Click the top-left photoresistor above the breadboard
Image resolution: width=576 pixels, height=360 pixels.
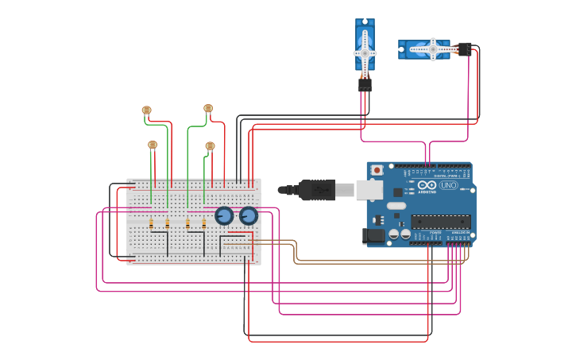(x=146, y=110)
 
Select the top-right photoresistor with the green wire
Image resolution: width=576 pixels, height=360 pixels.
(x=208, y=108)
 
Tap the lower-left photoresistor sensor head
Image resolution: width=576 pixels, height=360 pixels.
(x=153, y=145)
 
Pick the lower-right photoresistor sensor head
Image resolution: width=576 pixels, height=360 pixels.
(x=210, y=145)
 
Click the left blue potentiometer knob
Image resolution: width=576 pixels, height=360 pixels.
(x=224, y=215)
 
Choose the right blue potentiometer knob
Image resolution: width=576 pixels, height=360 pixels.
(x=249, y=215)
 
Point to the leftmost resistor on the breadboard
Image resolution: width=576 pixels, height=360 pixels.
(x=151, y=224)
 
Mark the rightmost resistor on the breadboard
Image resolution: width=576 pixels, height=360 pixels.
(x=204, y=224)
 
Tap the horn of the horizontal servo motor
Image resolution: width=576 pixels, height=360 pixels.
(x=432, y=49)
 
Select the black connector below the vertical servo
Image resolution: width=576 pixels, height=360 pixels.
(x=365, y=83)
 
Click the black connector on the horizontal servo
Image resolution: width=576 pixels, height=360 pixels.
(x=465, y=49)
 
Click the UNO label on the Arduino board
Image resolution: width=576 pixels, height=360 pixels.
(x=449, y=185)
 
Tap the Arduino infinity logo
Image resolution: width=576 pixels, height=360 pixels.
(x=427, y=185)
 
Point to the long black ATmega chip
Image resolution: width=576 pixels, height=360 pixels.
(x=440, y=222)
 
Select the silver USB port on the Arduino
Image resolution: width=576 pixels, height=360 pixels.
(x=369, y=189)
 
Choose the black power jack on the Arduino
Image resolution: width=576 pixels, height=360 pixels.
(x=372, y=235)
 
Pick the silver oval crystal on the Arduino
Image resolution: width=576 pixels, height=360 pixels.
(x=396, y=206)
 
